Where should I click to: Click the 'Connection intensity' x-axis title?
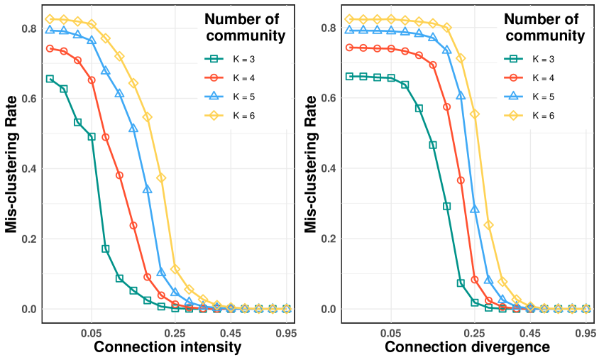coord(167,347)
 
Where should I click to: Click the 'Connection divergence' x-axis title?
coord(467,347)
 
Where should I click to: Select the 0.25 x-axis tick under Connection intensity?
coord(175,332)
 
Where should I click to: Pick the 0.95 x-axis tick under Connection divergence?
coord(586,332)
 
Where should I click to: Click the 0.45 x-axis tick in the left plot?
coord(231,332)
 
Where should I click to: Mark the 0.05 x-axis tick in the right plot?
coord(391,332)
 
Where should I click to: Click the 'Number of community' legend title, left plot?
coord(241,27)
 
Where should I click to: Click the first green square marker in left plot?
coord(50,79)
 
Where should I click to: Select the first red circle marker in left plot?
coord(50,48)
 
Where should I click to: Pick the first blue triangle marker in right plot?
coord(349,30)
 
